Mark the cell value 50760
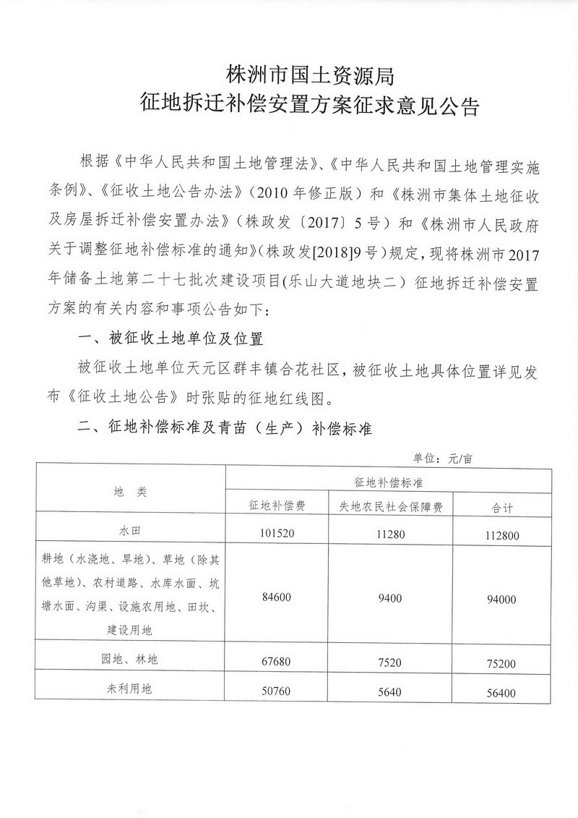coord(277,691)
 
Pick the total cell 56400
coord(500,692)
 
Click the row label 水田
coord(130,532)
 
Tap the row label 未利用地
coord(130,689)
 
